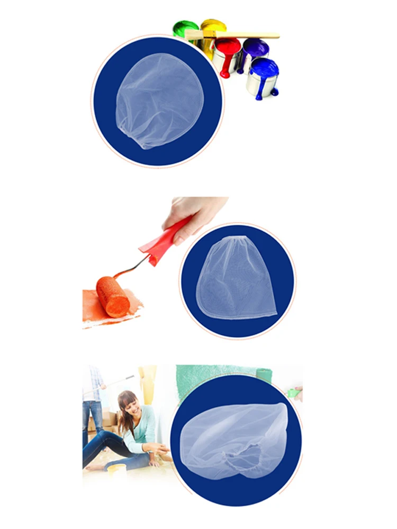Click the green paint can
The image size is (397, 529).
tap(186, 31)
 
